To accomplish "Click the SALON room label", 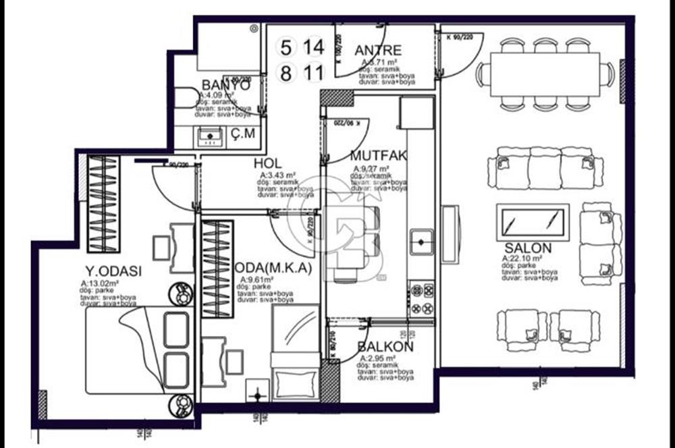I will coord(528,248).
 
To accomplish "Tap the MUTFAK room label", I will coord(378,156).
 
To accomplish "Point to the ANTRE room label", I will coord(378,50).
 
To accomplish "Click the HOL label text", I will coord(267,164).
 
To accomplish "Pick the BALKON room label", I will coord(385,347).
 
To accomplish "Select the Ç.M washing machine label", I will coord(243,134).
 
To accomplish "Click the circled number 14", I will coord(313,47).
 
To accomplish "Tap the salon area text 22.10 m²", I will coord(523,258).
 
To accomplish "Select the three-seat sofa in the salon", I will coord(545,167).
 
